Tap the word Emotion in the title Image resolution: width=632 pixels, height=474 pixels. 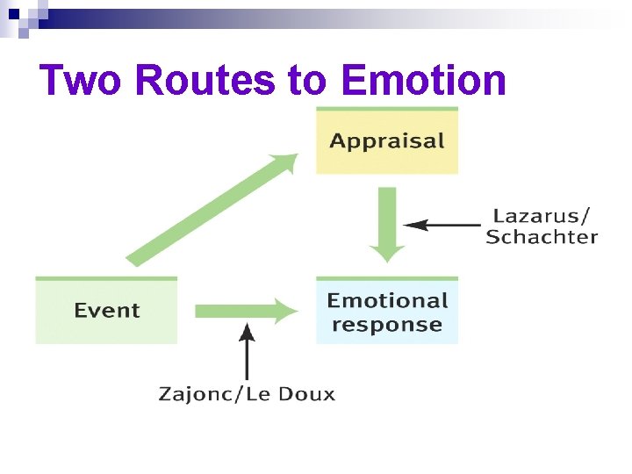tap(424, 82)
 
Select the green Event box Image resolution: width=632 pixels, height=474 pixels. tap(106, 311)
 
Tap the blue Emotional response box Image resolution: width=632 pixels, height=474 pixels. tap(387, 312)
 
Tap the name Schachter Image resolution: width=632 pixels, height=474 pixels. tap(542, 237)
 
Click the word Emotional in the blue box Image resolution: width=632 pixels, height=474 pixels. tap(387, 301)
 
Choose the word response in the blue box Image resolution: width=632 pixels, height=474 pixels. tap(387, 325)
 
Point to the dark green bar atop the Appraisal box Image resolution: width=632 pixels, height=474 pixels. tap(387, 109)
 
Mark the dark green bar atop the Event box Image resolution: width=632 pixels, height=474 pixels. tap(106, 278)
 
